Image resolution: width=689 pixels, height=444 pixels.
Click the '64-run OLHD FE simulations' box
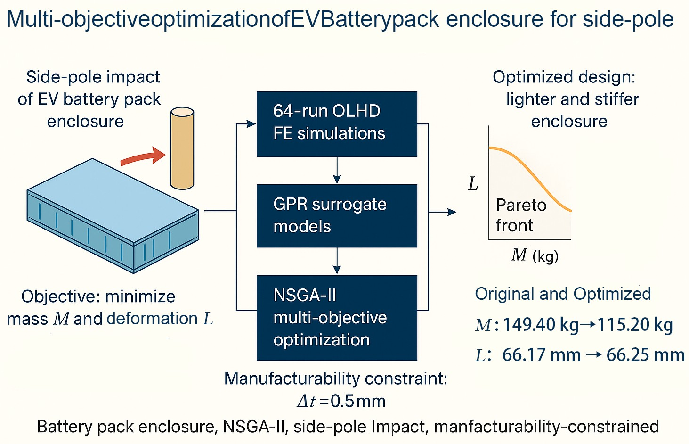click(337, 124)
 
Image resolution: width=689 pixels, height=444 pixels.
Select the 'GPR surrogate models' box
click(337, 215)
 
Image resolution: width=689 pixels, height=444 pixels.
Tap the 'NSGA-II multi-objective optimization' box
click(337, 318)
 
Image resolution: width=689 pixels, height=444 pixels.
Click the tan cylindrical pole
click(182, 148)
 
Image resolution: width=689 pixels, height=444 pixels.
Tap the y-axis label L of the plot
click(473, 184)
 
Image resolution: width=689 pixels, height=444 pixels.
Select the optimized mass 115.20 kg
click(635, 325)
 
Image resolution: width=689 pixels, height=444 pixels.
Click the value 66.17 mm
click(541, 355)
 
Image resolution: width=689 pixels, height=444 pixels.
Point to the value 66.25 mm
click(645, 355)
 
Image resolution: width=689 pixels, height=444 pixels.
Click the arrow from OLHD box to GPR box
click(337, 171)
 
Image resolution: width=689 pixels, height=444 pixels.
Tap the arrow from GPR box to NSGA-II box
click(337, 262)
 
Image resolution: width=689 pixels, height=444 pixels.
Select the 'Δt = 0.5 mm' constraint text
click(341, 401)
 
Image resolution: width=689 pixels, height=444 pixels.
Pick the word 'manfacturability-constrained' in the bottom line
click(546, 427)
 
